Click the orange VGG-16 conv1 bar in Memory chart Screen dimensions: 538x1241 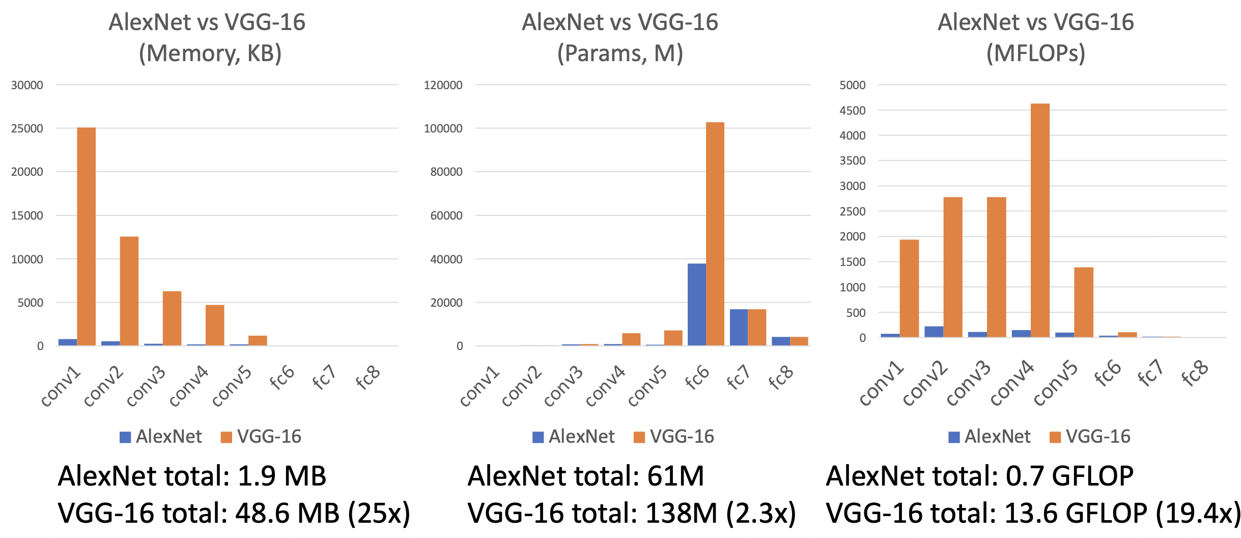click(86, 236)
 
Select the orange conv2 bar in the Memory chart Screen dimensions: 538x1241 click(129, 291)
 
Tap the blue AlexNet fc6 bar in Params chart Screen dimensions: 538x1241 click(696, 305)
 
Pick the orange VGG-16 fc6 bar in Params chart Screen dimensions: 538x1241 click(715, 234)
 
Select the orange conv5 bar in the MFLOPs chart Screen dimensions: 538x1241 click(1084, 302)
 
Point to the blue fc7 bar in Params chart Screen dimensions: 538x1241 click(739, 327)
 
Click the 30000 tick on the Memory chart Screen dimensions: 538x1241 click(27, 85)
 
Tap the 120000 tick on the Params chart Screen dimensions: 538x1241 click(443, 85)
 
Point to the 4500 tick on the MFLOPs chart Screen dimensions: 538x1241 click(852, 111)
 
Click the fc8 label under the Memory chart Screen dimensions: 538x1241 click(368, 378)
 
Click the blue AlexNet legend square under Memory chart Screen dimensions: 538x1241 click(125, 437)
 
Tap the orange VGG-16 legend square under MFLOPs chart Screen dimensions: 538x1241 click(1055, 437)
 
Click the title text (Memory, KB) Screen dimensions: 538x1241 click(210, 53)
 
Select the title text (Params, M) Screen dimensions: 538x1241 click(620, 53)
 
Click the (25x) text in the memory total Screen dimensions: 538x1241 click(379, 513)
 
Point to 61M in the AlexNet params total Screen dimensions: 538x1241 click(675, 476)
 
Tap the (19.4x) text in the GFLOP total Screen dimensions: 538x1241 click(1198, 513)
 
